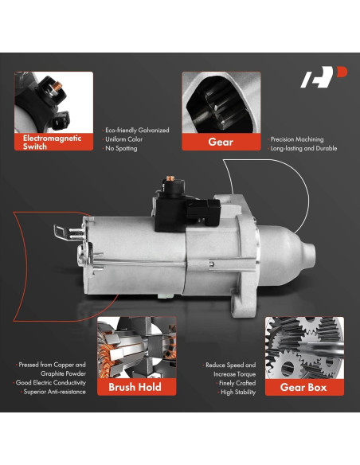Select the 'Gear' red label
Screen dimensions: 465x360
coord(221,142)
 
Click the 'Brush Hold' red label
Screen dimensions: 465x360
coord(131,387)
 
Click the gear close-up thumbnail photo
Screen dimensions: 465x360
coord(221,102)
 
